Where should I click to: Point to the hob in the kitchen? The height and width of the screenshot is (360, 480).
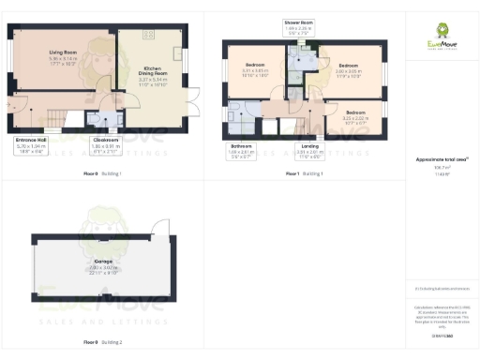point(147,35)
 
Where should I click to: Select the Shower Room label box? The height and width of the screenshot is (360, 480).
point(299,25)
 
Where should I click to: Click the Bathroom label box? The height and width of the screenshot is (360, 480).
point(243,150)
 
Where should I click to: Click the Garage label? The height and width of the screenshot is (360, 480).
point(103,265)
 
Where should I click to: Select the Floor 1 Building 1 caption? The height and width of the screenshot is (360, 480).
point(304,174)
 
